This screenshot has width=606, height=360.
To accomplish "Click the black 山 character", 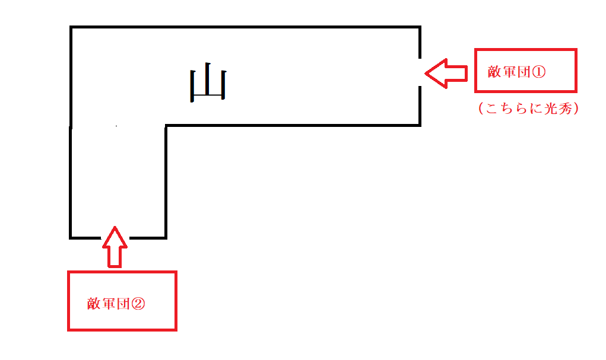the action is (x=208, y=82).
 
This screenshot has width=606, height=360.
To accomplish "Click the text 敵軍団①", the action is (x=517, y=72).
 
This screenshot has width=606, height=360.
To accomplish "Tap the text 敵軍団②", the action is (x=116, y=304).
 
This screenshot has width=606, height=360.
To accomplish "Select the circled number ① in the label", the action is (x=539, y=72).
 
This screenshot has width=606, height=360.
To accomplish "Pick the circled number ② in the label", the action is (x=138, y=304).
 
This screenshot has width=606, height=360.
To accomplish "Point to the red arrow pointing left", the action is (x=446, y=74).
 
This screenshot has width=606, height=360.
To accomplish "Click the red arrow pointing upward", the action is (x=115, y=247).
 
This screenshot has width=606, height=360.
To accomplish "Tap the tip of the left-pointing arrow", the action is (x=425, y=74).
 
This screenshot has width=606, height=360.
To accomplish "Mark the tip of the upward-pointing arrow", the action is (x=115, y=227).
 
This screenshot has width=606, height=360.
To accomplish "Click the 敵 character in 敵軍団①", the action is (x=494, y=72).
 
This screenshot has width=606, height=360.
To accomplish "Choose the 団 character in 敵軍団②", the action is (x=123, y=304).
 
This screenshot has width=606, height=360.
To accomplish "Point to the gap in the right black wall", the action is (x=420, y=72).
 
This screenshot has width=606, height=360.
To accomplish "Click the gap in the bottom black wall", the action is (x=115, y=238).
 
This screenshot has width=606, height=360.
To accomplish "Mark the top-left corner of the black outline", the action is (x=71, y=27).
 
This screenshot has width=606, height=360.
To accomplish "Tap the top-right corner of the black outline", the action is (x=420, y=27).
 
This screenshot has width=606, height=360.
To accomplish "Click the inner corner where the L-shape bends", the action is (x=166, y=126).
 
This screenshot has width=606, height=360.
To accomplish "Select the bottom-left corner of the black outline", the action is (x=71, y=238).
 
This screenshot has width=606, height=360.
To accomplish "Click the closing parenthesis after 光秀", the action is (x=576, y=109).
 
